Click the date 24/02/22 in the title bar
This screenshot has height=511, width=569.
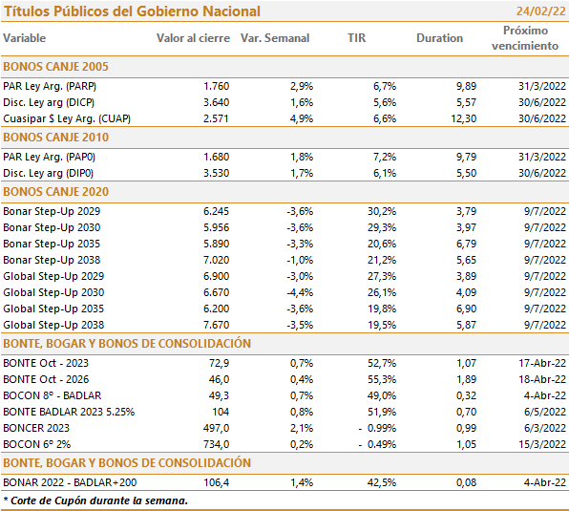point(540,11)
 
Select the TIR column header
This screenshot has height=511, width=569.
point(356,38)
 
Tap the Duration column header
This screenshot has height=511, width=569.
point(439,38)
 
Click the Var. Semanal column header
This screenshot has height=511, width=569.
point(275,38)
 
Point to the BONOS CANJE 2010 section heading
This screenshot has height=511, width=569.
point(56,138)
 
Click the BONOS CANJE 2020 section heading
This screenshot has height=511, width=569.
point(56,192)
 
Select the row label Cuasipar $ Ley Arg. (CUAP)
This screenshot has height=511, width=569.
point(67,118)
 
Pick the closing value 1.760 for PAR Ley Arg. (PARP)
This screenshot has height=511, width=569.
point(217,86)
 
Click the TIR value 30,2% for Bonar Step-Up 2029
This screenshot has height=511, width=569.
point(382,211)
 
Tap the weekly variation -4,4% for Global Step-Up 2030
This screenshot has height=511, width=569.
point(300,292)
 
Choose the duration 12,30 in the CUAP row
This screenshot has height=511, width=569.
point(463,118)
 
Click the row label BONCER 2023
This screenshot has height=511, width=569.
point(36,428)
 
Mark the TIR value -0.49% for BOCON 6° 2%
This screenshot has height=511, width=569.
point(377,444)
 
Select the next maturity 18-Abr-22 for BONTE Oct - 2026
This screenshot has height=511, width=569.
point(542,379)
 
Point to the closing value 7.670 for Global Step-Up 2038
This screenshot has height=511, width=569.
point(217,325)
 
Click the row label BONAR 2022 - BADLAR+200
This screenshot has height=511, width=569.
point(70,482)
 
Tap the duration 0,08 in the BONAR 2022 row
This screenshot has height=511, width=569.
point(466,482)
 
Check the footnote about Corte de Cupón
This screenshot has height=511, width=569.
point(95,500)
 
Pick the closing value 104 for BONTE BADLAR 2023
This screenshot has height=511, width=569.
point(221,412)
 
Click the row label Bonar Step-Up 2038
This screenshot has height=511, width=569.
point(52,260)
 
